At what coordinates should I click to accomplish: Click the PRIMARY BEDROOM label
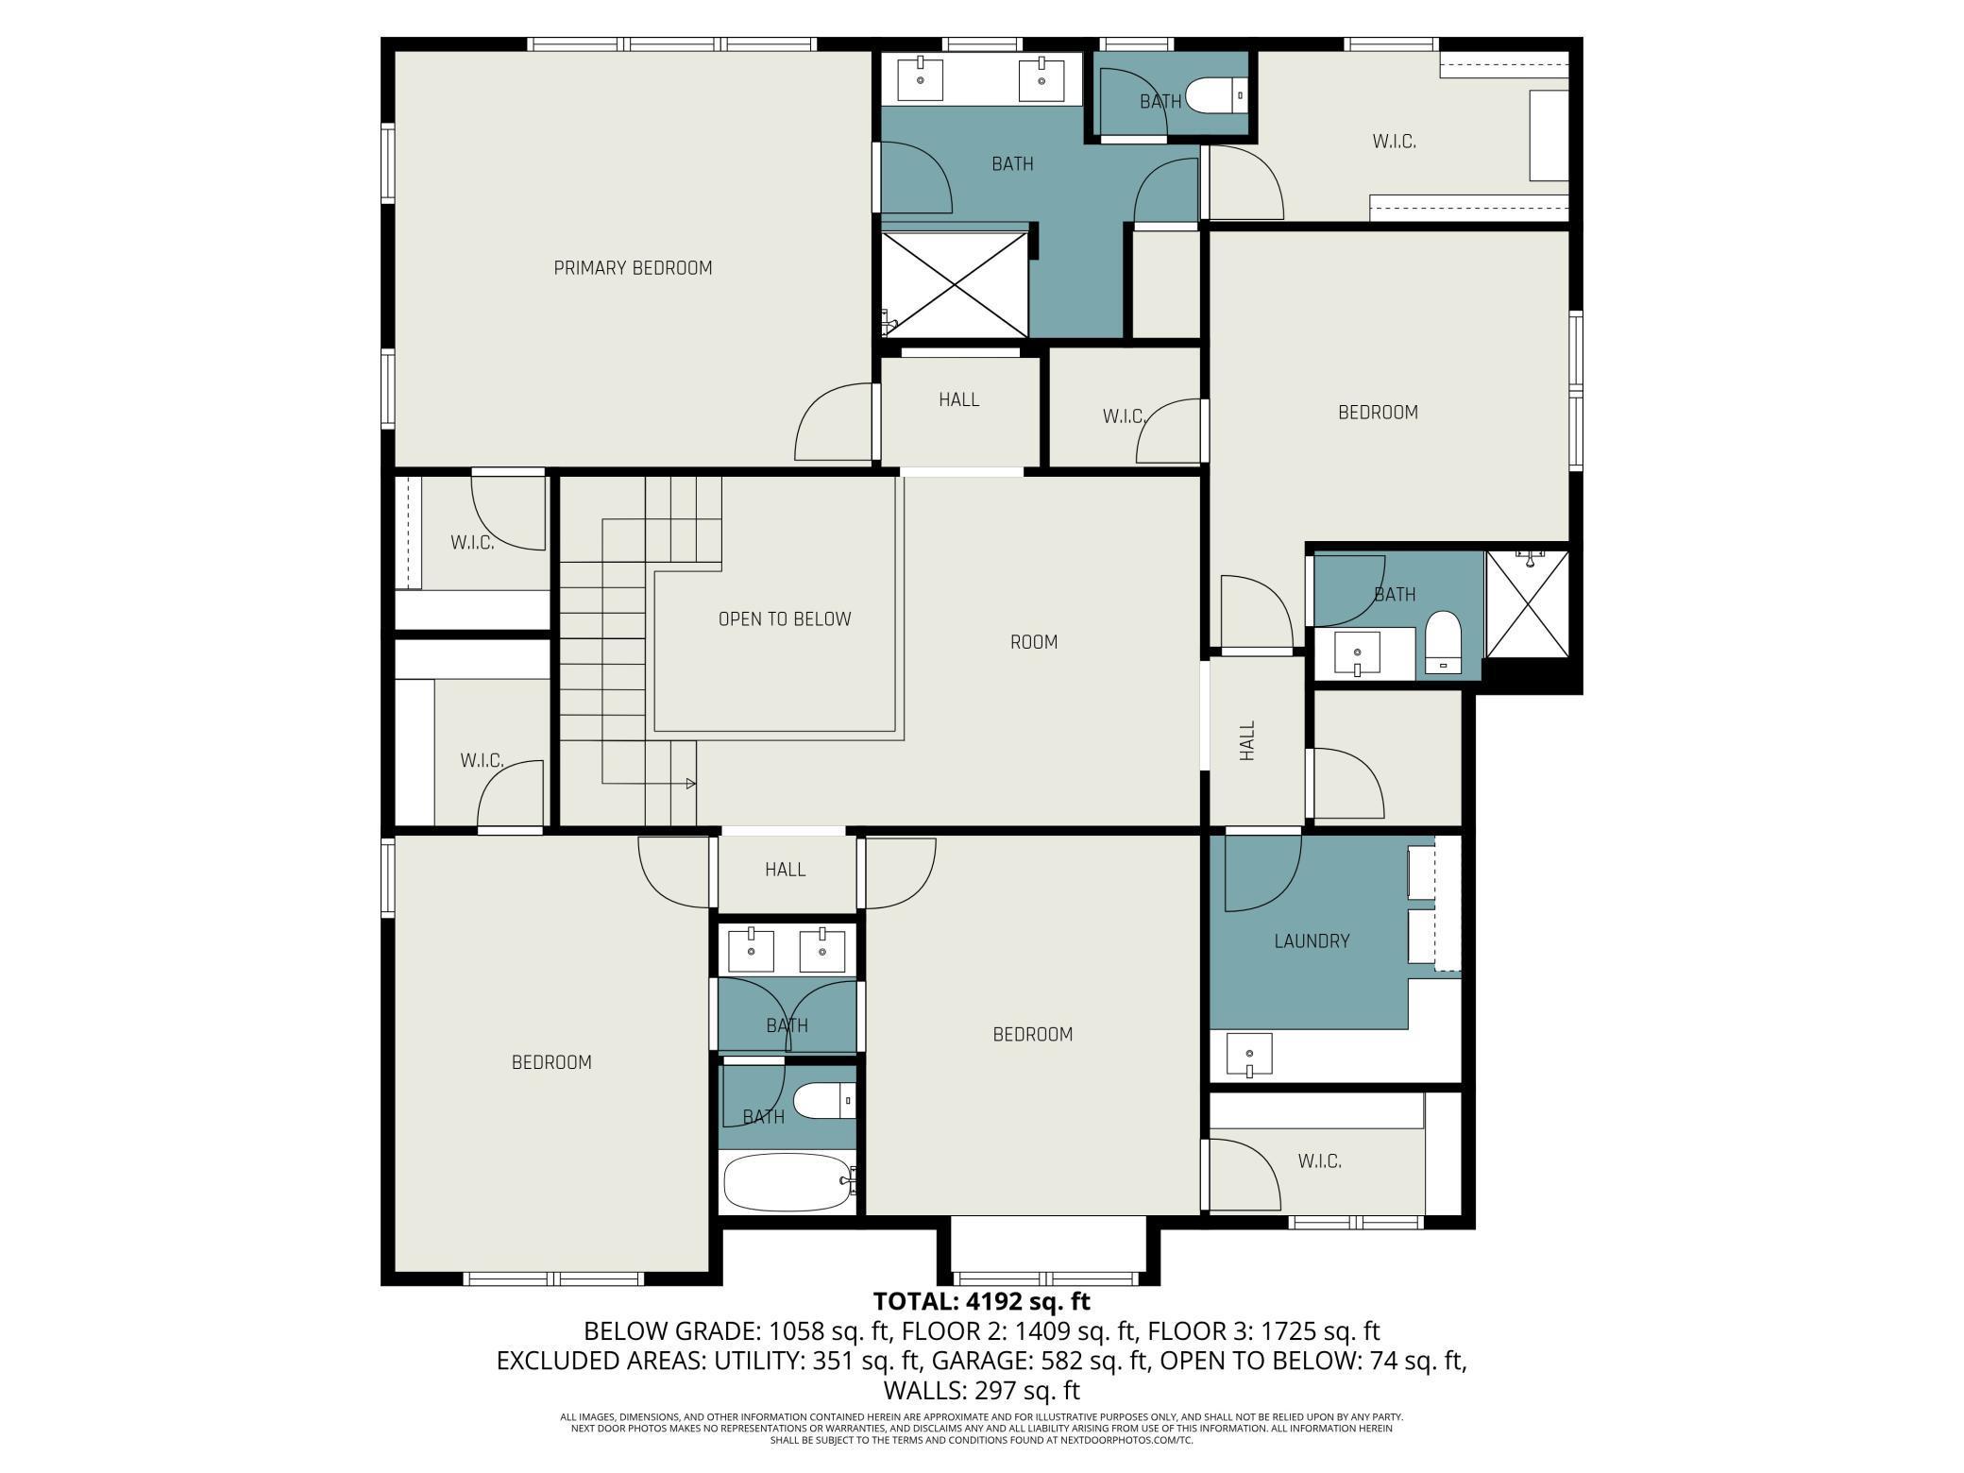point(633,268)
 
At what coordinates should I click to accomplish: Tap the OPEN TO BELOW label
point(785,619)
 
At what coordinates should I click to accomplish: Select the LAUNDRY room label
point(1312,941)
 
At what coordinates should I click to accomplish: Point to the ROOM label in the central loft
point(1034,642)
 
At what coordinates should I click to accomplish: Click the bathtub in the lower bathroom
point(787,1182)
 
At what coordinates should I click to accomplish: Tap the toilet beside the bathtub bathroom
point(824,1101)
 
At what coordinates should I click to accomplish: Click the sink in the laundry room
point(1249,1054)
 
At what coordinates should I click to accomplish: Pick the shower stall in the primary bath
point(955,283)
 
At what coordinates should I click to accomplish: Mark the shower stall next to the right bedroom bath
point(1527,603)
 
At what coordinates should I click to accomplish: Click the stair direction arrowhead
point(691,784)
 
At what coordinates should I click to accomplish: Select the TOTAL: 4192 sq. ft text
point(982,1301)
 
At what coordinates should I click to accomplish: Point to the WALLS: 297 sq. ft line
point(982,1390)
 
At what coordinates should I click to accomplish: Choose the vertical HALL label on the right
point(1247,741)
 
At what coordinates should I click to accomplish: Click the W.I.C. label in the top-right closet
point(1394,143)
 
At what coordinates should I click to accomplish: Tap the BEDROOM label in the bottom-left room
point(551,1063)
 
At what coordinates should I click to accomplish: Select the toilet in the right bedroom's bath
point(1442,643)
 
